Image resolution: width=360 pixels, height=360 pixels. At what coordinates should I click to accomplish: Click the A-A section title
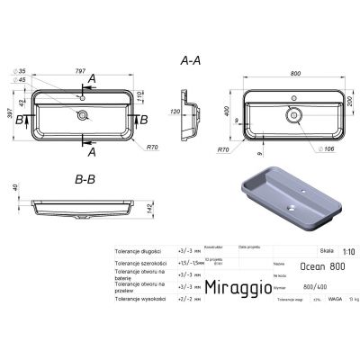[x=191, y=59]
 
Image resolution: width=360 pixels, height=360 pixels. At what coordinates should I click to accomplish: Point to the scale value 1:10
[x=335, y=250]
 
